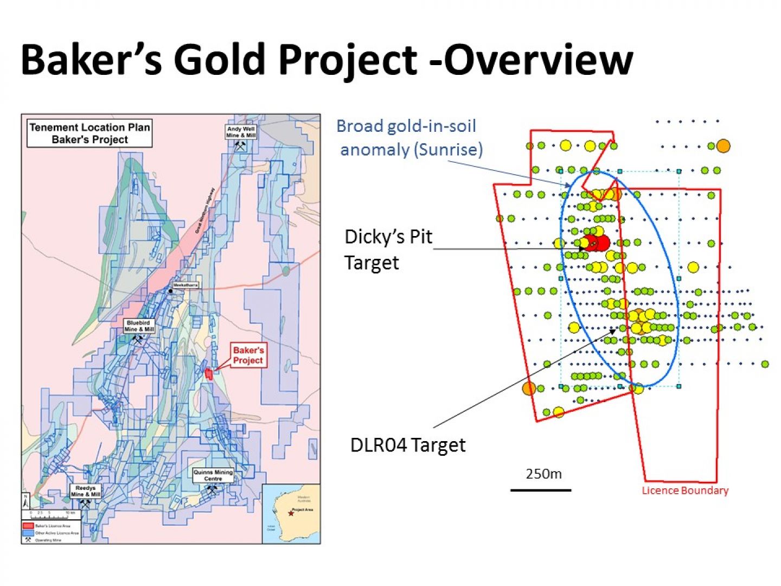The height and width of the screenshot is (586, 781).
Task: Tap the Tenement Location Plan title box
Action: (89, 133)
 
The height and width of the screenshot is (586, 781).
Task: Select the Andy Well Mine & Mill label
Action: (241, 132)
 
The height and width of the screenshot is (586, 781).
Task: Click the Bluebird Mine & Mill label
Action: (139, 326)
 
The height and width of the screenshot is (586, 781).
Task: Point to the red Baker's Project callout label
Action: (248, 355)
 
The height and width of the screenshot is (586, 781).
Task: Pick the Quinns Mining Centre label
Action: (213, 475)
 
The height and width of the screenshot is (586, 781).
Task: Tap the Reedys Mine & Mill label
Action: (86, 491)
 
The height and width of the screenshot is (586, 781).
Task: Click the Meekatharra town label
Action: (185, 285)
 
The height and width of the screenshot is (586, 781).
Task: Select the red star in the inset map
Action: (291, 513)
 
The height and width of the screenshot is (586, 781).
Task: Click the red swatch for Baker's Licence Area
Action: (28, 526)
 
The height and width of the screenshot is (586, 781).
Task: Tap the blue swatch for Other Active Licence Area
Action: (28, 533)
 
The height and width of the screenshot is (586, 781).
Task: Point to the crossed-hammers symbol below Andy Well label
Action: (240, 146)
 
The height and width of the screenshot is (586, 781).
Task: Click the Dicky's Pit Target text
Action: (388, 250)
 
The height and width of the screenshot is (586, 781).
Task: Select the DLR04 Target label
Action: (408, 445)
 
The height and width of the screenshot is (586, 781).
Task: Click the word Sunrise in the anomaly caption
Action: (447, 149)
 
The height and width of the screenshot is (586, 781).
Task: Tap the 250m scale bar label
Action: (543, 474)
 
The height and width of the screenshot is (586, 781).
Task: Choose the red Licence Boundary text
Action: (685, 491)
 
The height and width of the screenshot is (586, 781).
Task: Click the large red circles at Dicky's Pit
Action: (597, 243)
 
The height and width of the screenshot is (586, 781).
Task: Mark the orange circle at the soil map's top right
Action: (722, 146)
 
